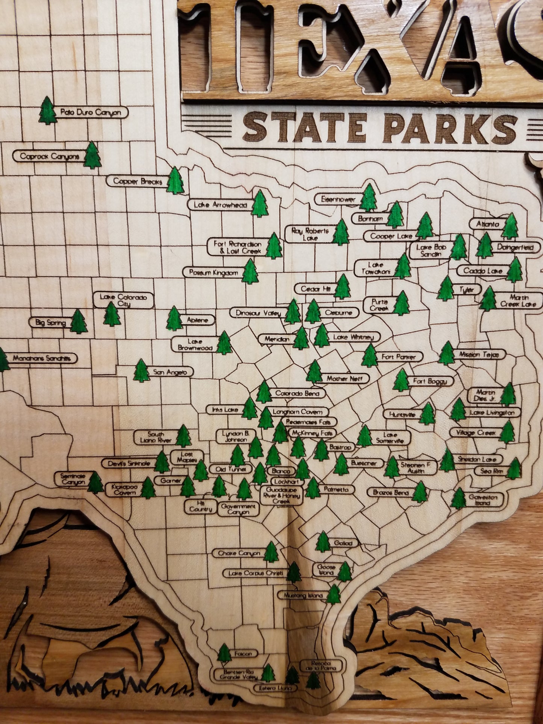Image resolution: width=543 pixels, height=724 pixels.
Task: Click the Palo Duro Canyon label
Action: (91, 112)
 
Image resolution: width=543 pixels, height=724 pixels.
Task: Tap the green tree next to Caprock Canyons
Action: (92, 155)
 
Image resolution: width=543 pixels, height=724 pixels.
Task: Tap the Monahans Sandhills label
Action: (42, 358)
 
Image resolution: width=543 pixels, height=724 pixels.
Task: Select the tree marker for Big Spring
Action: (79, 322)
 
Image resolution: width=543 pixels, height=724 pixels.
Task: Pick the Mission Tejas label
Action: (480, 354)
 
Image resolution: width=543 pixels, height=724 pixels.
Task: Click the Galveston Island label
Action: (483, 500)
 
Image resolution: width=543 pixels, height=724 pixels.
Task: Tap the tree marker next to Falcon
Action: (224, 653)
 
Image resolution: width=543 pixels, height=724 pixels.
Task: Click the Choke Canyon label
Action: (239, 553)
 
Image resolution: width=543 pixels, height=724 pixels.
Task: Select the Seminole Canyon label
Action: (73, 479)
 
